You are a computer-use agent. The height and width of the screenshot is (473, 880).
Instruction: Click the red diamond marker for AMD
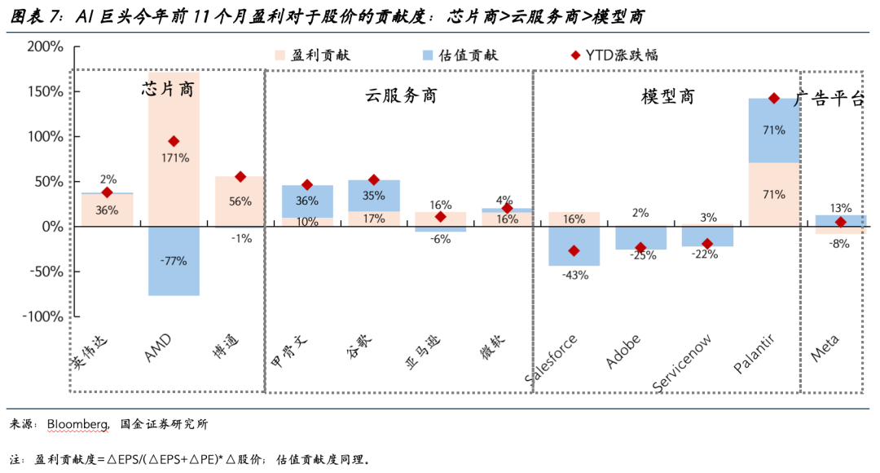[174, 141]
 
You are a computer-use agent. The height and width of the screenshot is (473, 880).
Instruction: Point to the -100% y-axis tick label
[42, 316]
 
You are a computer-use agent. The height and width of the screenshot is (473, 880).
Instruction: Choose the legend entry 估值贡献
[458, 55]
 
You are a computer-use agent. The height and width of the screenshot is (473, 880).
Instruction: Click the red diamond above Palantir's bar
[774, 99]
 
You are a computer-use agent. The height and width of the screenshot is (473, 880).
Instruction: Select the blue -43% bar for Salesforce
[574, 246]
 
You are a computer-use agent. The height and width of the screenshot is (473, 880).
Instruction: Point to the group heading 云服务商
[400, 96]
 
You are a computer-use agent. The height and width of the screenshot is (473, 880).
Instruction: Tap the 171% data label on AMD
[174, 157]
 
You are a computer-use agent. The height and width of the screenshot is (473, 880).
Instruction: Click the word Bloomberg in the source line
[77, 424]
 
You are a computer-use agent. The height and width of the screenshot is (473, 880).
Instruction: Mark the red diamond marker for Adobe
[640, 247]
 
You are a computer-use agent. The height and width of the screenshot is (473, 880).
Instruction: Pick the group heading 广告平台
[829, 99]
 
